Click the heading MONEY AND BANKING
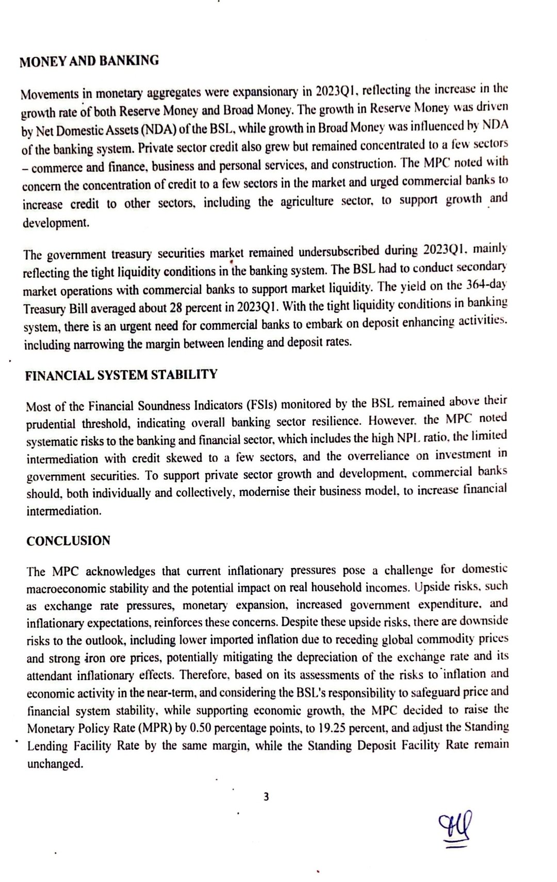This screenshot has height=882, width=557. click(89, 61)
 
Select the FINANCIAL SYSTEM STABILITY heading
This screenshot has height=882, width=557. click(121, 375)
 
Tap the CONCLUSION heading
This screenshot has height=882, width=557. click(68, 541)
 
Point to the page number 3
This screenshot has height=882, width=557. click(266, 797)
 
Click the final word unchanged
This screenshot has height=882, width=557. click(55, 764)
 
